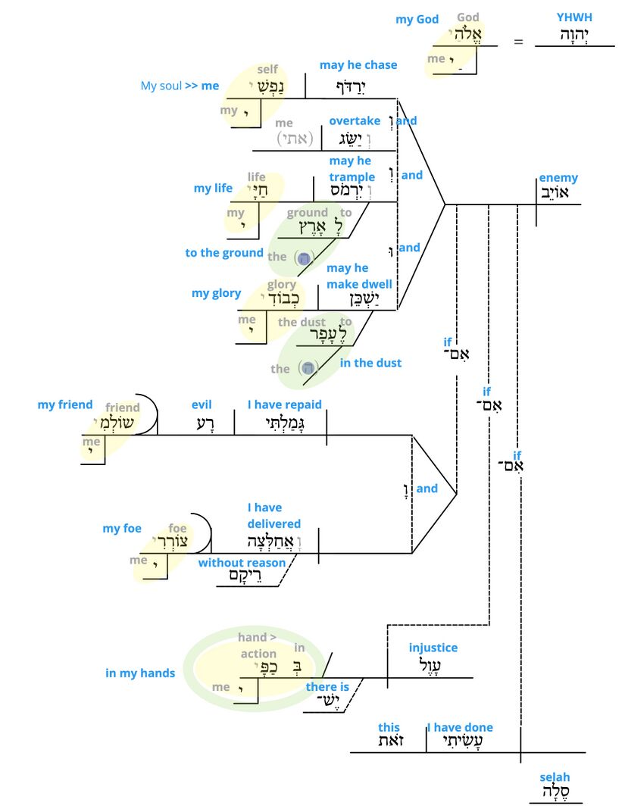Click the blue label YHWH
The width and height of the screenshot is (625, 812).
pyautogui.click(x=574, y=17)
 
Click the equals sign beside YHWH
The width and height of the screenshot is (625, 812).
pyautogui.click(x=518, y=42)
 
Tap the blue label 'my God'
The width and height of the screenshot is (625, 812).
pyautogui.click(x=417, y=20)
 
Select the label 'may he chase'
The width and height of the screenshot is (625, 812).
pyautogui.click(x=358, y=65)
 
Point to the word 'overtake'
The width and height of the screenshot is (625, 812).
pyautogui.click(x=355, y=120)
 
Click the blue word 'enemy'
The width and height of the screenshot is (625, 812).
pyautogui.click(x=558, y=178)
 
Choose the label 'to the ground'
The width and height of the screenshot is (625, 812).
pyautogui.click(x=224, y=253)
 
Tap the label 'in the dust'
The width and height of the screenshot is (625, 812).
pyautogui.click(x=370, y=363)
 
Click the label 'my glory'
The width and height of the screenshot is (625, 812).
pyautogui.click(x=216, y=293)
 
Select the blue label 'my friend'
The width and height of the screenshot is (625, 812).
pyautogui.click(x=65, y=405)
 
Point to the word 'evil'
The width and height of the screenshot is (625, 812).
pyautogui.click(x=202, y=405)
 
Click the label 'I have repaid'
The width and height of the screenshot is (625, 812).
pyautogui.click(x=284, y=405)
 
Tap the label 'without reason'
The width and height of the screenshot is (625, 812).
pyautogui.click(x=242, y=563)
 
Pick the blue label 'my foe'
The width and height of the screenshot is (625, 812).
pyautogui.click(x=122, y=529)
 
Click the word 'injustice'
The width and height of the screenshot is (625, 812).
pyautogui.click(x=433, y=648)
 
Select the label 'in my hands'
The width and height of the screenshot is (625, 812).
pyautogui.click(x=140, y=673)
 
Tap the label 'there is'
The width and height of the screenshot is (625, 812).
pyautogui.click(x=327, y=687)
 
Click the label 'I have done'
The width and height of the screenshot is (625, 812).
pyautogui.click(x=460, y=728)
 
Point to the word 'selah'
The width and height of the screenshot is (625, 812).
pyautogui.click(x=555, y=777)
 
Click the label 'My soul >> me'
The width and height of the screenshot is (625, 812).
pyautogui.click(x=180, y=86)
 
